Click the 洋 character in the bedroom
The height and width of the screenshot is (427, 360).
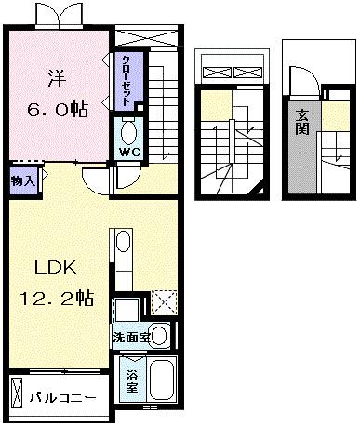(55, 78)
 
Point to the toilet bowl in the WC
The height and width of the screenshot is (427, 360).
(129, 129)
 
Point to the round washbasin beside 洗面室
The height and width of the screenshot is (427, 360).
(160, 335)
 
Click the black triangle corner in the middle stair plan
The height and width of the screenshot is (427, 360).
(265, 189)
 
